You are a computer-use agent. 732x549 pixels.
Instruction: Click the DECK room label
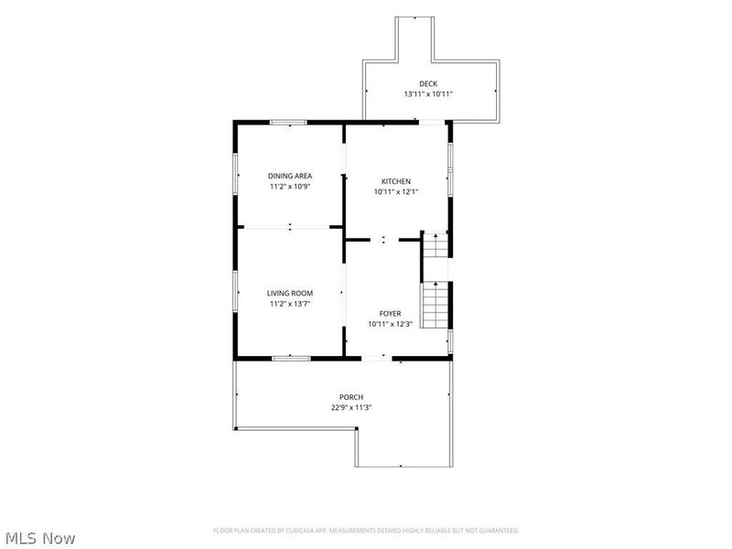click(x=428, y=83)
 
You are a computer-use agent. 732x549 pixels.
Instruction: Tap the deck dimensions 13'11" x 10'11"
click(x=428, y=94)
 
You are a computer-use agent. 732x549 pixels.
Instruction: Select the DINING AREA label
click(x=290, y=176)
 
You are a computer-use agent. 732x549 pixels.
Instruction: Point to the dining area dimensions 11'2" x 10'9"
click(x=290, y=187)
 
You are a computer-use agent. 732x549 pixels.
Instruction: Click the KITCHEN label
click(x=396, y=181)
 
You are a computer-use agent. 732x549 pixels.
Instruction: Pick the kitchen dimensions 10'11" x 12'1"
click(x=396, y=191)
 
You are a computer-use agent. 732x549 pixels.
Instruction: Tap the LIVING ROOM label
click(x=290, y=293)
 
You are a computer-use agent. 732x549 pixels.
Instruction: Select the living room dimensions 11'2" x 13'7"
click(x=290, y=304)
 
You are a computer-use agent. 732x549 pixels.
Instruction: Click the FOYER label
click(x=390, y=314)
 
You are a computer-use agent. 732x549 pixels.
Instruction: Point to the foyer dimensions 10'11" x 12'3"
click(x=390, y=324)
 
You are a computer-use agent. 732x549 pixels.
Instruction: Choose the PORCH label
click(x=351, y=397)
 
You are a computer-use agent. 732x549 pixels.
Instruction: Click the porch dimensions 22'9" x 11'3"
click(x=351, y=407)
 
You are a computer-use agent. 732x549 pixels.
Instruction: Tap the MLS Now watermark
click(x=38, y=538)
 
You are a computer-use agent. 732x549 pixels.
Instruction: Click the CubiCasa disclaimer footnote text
click(x=366, y=531)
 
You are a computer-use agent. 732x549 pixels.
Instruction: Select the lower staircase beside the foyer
click(x=436, y=305)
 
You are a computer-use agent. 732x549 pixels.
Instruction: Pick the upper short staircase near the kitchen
click(x=436, y=245)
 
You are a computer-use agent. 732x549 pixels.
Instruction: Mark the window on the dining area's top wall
click(x=288, y=123)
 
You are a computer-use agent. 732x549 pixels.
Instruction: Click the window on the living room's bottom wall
click(x=291, y=359)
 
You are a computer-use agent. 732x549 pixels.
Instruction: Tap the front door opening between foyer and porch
click(x=377, y=359)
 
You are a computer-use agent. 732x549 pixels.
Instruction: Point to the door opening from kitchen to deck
click(x=431, y=123)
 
